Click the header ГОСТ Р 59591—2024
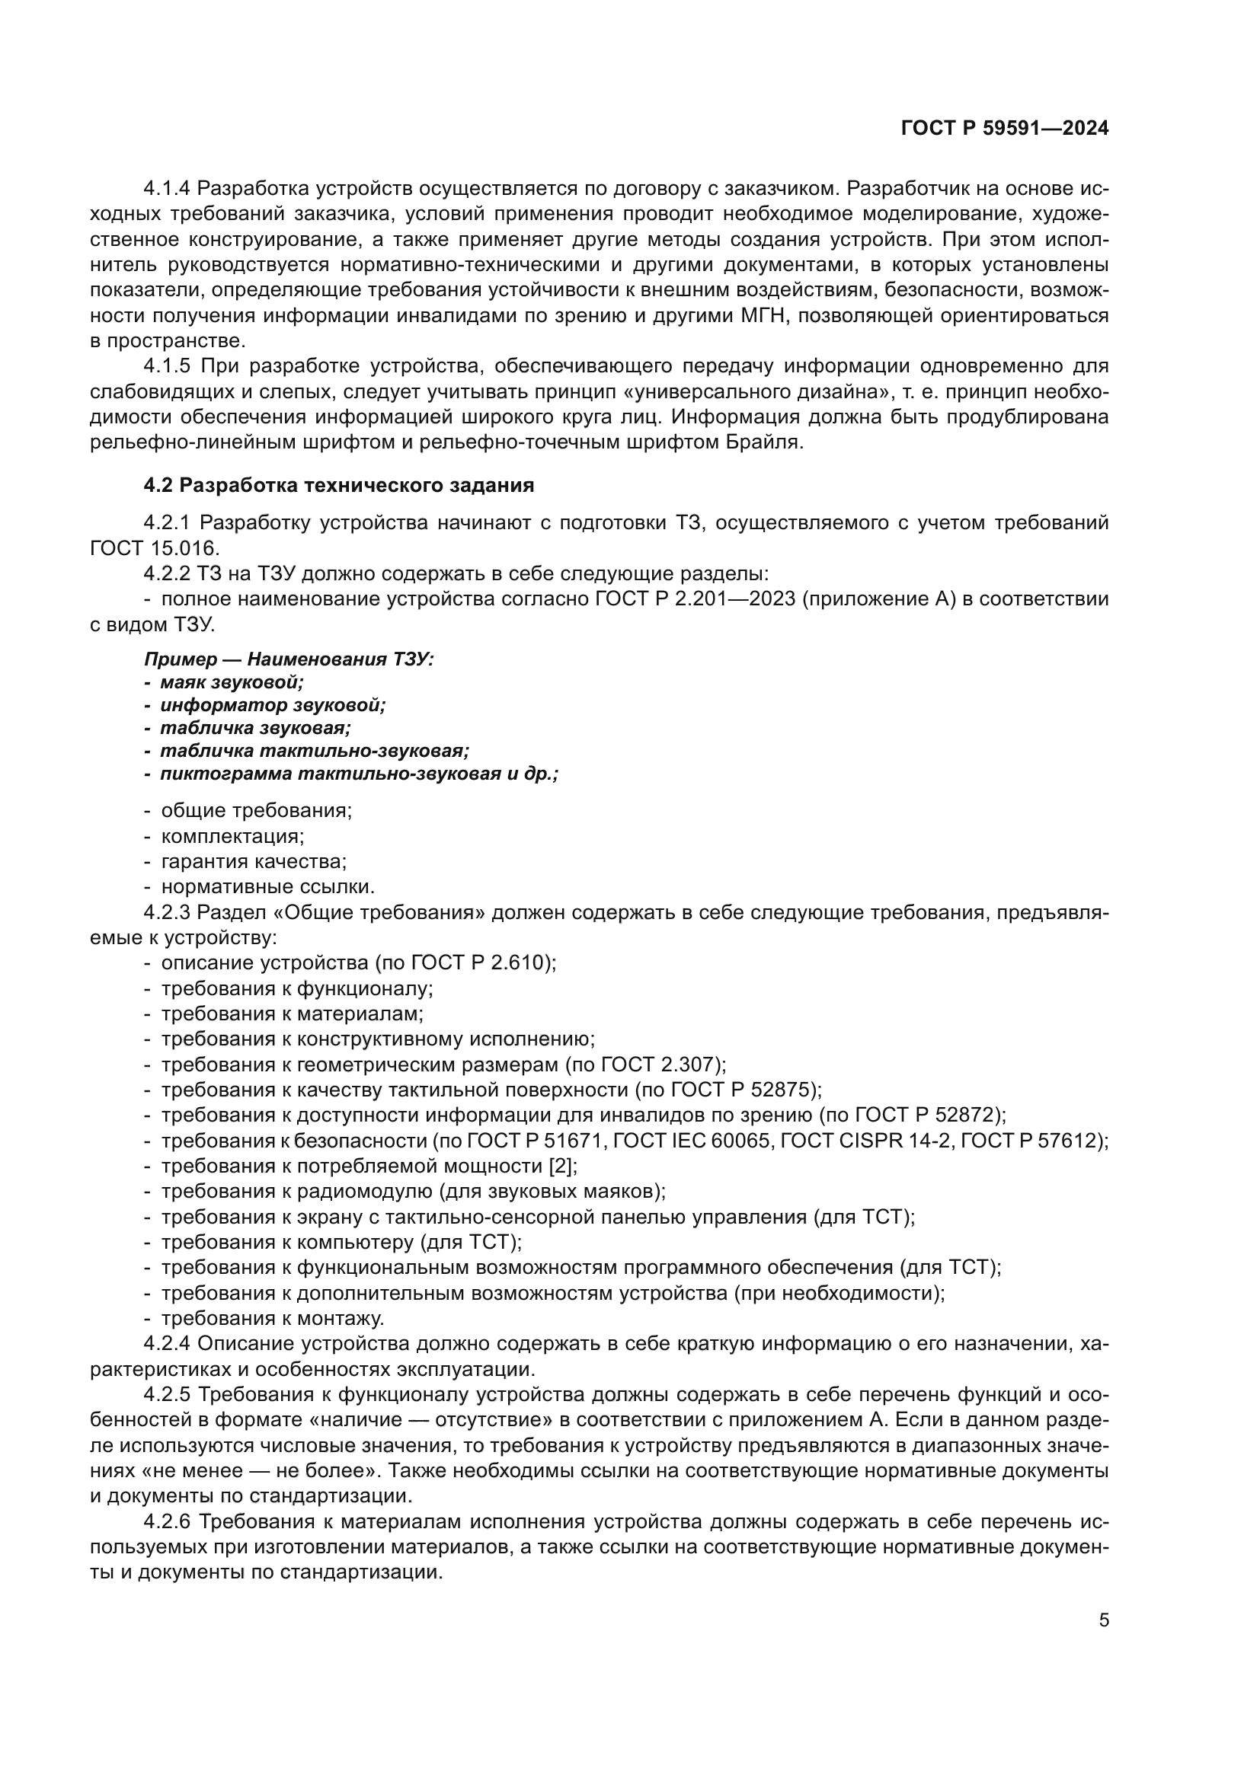pyautogui.click(x=1004, y=129)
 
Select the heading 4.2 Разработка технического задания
pyautogui.click(x=339, y=486)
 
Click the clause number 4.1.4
pyautogui.click(x=167, y=189)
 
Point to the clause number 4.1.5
pyautogui.click(x=167, y=366)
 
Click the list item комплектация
pyautogui.click(x=232, y=836)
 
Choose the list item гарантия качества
pyautogui.click(x=253, y=862)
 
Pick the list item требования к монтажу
pyautogui.click(x=272, y=1319)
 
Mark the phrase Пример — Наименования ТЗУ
pyautogui.click(x=289, y=659)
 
